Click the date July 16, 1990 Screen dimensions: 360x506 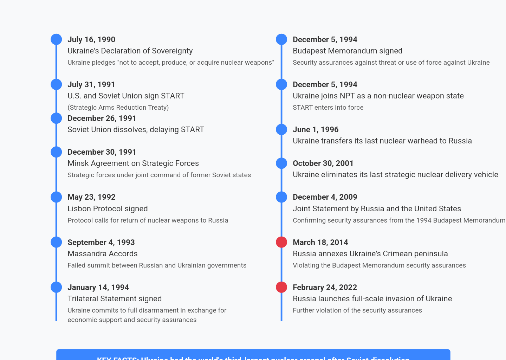point(91,39)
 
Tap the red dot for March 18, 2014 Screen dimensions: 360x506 point(281,242)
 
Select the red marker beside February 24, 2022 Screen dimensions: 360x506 point(281,287)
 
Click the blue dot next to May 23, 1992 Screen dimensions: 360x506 point(56,197)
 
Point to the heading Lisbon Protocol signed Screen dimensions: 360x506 point(108,208)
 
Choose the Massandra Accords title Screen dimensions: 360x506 point(102,253)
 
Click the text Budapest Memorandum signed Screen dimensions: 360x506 point(347,51)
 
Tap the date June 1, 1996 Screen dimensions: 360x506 point(316,129)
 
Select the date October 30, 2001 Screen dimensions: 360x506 point(323,163)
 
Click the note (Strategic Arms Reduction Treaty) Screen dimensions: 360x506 point(118,107)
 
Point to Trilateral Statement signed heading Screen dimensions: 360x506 point(115,298)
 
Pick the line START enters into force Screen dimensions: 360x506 point(328,107)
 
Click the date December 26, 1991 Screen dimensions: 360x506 point(102,118)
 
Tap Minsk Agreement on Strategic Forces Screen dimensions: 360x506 point(133,163)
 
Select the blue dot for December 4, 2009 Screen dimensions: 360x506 point(281,197)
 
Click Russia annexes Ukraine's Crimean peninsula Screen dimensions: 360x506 point(370,253)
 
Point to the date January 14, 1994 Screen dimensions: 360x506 point(98,287)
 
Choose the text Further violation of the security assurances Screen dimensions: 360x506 point(357,310)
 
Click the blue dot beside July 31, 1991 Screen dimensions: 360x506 point(56,84)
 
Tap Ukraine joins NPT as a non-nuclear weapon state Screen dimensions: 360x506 point(378,96)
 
